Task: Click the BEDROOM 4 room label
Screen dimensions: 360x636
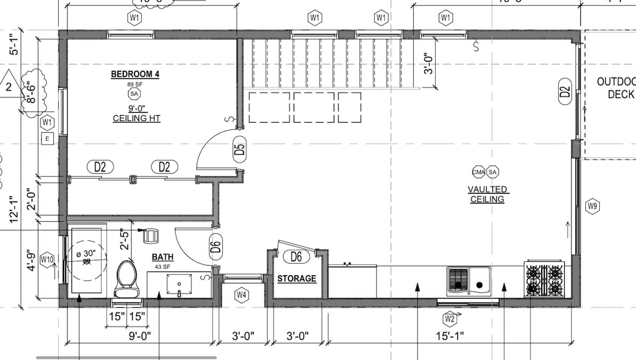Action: [x=135, y=74]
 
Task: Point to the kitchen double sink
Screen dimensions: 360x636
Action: [x=468, y=280]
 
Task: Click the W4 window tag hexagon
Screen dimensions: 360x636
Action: [x=242, y=294]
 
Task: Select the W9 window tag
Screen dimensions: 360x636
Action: [x=592, y=206]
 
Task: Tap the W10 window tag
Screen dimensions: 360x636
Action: [x=47, y=259]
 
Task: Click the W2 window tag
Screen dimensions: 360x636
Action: [x=449, y=319]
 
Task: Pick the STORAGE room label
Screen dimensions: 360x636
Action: [x=296, y=278]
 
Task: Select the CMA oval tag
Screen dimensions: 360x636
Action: [x=478, y=172]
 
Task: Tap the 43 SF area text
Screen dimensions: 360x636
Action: [x=162, y=266]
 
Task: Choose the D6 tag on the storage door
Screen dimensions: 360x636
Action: [x=296, y=257]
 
